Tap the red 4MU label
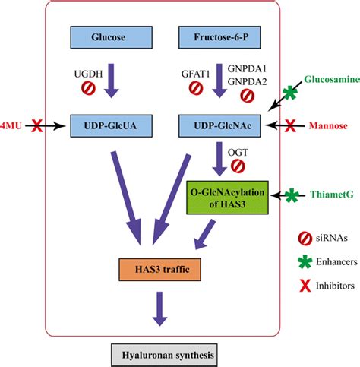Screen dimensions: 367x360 [11, 121]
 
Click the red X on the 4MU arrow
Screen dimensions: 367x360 [36, 122]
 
